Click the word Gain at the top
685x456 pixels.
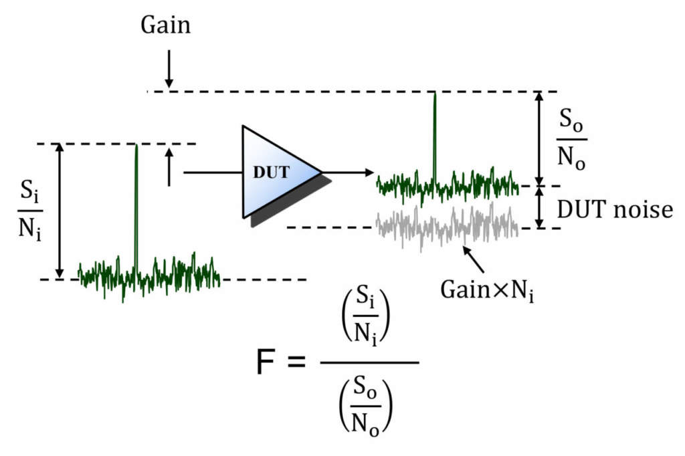tap(165, 25)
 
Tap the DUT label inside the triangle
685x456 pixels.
tap(272, 172)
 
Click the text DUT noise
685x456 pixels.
tap(613, 210)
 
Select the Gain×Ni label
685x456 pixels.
tap(487, 290)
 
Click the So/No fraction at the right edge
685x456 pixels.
tap(572, 140)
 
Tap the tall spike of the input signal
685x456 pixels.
tap(136, 201)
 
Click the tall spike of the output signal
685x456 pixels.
tap(435, 134)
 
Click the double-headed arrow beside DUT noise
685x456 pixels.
tap(541, 207)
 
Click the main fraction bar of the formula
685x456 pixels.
tap(369, 363)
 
